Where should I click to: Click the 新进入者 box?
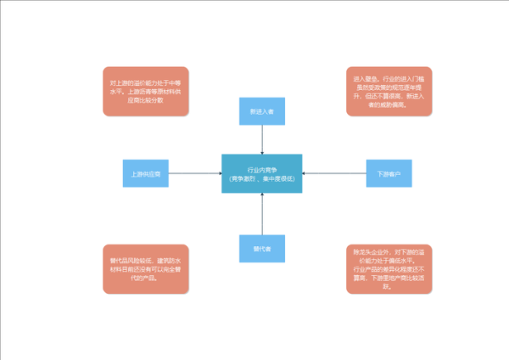pos(261,111)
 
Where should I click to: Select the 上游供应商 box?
pos(146,173)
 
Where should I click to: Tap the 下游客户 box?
pos(389,173)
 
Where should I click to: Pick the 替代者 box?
pos(261,249)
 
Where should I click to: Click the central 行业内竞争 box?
pos(261,173)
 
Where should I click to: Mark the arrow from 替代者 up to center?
pos(262,214)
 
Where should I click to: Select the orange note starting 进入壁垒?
pos(389,90)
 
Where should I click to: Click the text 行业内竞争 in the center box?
pos(261,169)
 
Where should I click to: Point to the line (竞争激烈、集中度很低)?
pos(261,178)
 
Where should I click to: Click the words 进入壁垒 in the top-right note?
pos(363,78)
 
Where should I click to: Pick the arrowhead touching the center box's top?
pos(262,152)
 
